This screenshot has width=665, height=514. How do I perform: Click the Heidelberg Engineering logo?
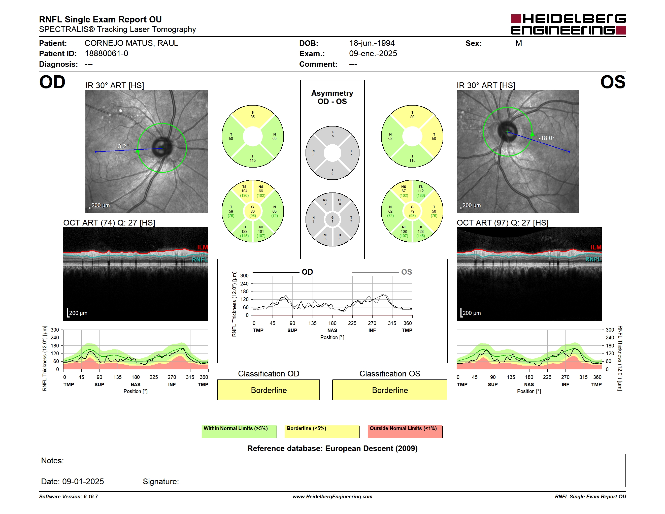pos(568,24)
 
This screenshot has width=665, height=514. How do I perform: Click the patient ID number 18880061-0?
pos(106,54)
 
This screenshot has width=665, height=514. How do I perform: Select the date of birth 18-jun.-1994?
pos(372,43)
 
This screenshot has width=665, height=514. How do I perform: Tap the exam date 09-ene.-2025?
pos(373,54)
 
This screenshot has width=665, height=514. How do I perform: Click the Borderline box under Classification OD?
pos(269,390)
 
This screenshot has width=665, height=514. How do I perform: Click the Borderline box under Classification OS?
pos(390,390)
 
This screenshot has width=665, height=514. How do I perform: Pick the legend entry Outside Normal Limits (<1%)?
pos(405,431)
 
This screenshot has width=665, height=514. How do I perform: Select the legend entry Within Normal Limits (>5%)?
pos(239,431)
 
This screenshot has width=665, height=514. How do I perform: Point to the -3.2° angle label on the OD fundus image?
pos(122,146)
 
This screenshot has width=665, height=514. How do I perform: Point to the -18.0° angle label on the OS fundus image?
pos(546,138)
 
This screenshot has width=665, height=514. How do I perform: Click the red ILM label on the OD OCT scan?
pos(203,247)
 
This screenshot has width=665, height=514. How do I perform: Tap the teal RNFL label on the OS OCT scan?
pos(593,259)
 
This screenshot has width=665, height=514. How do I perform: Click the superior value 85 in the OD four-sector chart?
pos(253,117)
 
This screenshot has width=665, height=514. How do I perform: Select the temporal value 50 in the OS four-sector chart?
pos(434,139)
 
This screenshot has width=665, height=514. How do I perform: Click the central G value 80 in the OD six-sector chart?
pos(253,211)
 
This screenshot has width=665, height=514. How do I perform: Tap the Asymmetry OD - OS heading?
pos(332,97)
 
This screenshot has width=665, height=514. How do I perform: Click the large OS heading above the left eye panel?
pos(613,82)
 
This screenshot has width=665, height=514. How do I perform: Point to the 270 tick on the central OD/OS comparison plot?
pos(372,323)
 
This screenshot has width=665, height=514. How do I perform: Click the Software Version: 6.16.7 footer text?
pos(69,497)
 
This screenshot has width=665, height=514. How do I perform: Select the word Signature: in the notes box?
pos(161,481)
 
